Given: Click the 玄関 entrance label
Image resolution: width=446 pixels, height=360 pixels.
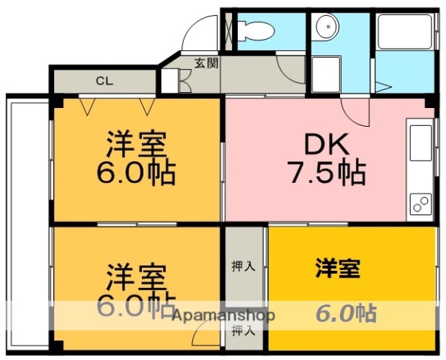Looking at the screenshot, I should coord(206,63).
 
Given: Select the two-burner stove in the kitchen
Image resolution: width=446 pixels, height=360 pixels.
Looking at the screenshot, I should coord(420,202).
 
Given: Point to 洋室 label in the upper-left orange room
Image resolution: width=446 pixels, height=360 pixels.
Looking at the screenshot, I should coord(136,142).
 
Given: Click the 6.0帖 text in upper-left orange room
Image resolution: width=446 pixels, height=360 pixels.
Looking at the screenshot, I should coord(136,173).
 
